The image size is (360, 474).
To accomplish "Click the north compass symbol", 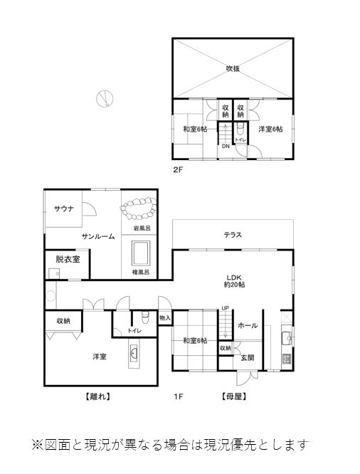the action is click(105, 98).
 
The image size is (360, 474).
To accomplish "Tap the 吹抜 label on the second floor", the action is click(233, 68).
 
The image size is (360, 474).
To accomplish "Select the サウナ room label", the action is click(64, 209).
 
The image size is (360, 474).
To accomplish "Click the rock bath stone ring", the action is click(139, 209).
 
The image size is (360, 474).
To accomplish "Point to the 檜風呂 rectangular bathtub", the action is click(141, 253).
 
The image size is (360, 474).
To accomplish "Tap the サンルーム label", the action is click(98, 236).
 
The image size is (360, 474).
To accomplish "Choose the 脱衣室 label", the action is click(68, 259).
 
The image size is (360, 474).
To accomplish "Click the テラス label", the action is click(233, 235).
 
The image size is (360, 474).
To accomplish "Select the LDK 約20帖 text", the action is click(234, 281).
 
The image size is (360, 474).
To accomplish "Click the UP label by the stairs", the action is click(226, 308).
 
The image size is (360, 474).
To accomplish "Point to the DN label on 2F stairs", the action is click(226, 147).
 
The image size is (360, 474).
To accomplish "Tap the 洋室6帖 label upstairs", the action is click(270, 129).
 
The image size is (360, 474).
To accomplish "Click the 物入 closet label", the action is click(165, 317).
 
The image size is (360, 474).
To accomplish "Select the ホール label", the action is click(248, 325).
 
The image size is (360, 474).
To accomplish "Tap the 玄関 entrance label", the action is click(248, 358).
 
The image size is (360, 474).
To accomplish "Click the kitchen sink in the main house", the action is click(287, 338).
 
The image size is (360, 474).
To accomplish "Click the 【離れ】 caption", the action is click(97, 396).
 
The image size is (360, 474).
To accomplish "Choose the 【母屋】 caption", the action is click(234, 396).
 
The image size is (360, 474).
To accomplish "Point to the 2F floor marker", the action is click(178, 169).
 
